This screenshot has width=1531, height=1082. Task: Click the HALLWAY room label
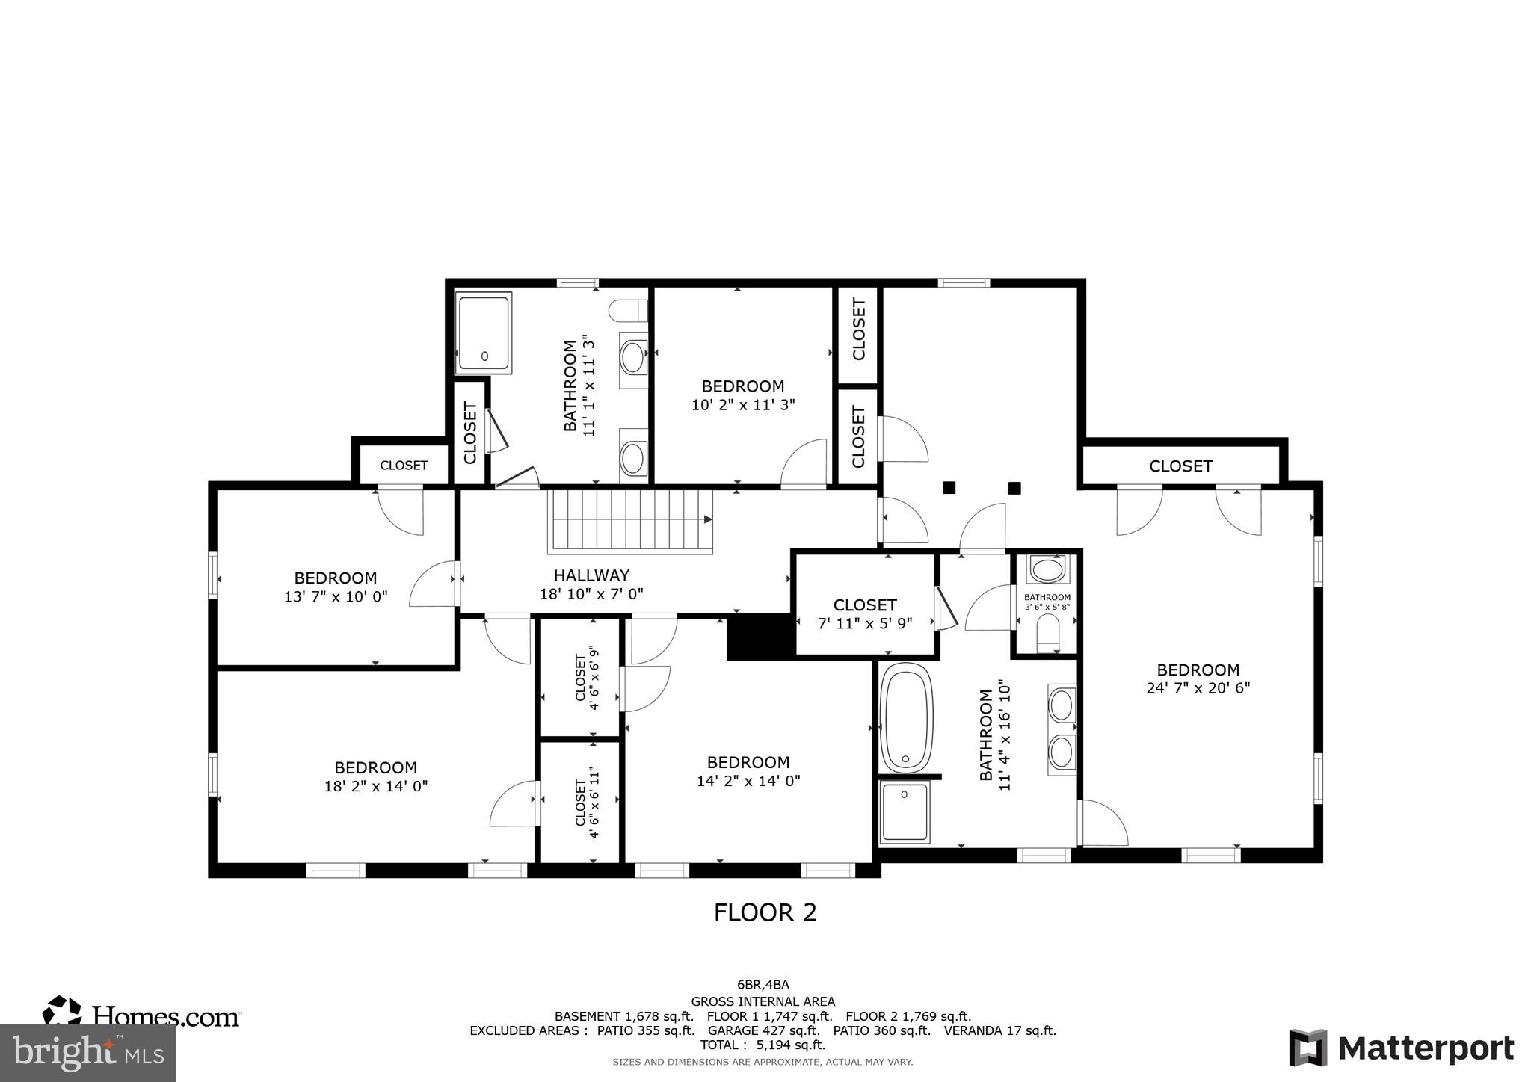coord(591,575)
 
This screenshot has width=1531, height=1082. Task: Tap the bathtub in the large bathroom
coord(907,717)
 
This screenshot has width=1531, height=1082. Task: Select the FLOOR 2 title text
coord(765,912)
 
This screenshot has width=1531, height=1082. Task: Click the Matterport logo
coord(1402,1048)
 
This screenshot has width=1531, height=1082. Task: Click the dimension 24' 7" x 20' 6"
coord(1198,688)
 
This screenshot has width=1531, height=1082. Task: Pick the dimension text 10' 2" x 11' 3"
coord(743,405)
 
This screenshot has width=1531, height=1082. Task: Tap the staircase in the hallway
coord(630,521)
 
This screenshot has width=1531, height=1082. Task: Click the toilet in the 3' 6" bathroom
coord(1048,634)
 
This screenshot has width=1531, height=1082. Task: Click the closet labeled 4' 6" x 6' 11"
coord(580,802)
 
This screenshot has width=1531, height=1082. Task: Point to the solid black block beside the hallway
coord(760,637)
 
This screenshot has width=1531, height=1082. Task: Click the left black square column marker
coord(949,488)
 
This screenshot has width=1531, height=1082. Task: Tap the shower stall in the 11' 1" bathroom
coord(484,333)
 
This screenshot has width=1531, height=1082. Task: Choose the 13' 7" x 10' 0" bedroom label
coord(336,587)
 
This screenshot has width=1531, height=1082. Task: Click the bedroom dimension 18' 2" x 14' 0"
coord(376,786)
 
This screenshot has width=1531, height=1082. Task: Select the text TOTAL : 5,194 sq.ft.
coord(763,1045)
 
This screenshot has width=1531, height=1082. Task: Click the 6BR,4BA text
coord(763,985)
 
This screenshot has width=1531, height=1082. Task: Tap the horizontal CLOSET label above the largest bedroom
coord(1180,466)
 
